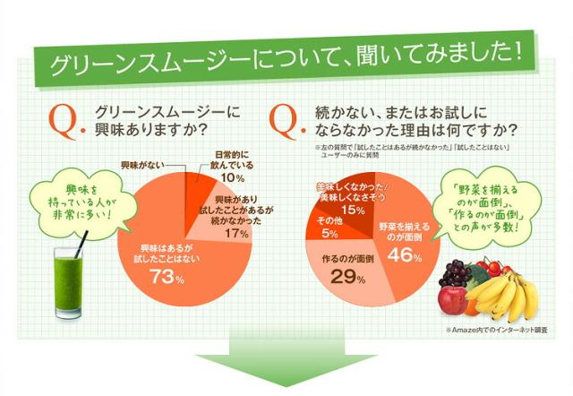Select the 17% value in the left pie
click(x=235, y=233)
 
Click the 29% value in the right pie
click(x=345, y=277)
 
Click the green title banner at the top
click(x=286, y=64)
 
